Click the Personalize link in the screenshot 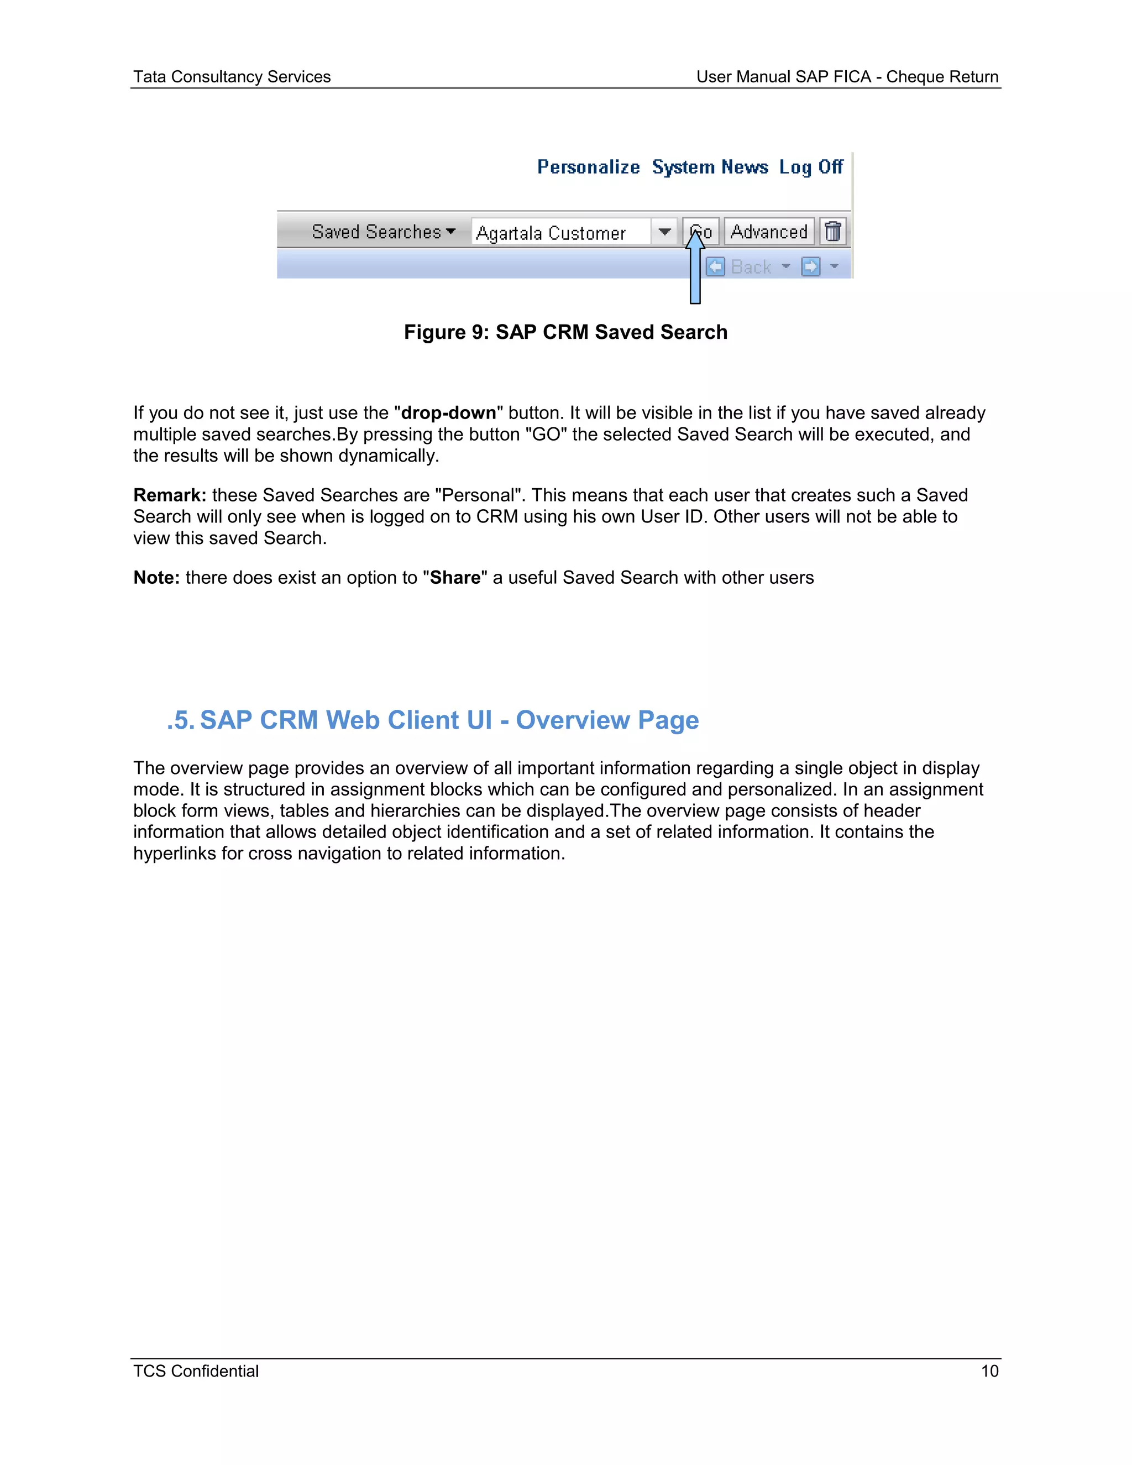[588, 167]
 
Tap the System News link [710, 167]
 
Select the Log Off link [811, 167]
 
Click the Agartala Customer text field [560, 233]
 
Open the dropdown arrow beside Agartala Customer [664, 232]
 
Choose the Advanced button [768, 232]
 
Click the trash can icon [833, 232]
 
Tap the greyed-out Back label [751, 267]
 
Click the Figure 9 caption [565, 332]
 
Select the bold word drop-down [448, 412]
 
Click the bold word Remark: [170, 495]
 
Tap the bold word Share [455, 578]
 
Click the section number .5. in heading [180, 720]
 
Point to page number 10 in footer [989, 1371]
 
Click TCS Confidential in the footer [196, 1371]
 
